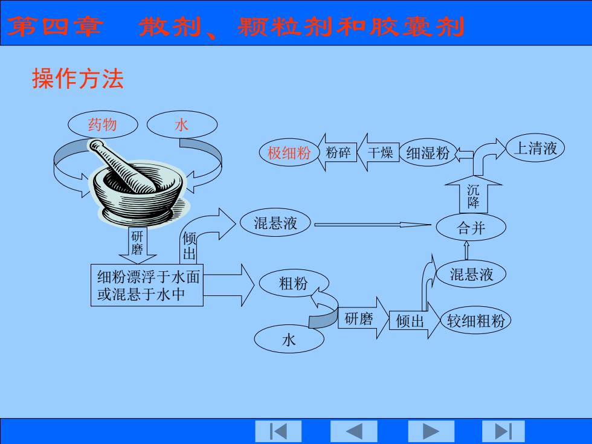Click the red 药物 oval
tap(103, 124)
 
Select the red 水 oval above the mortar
tap(182, 124)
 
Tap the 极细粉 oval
tap(289, 153)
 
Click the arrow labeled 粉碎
tap(337, 152)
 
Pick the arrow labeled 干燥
tap(378, 152)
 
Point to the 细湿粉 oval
tap(428, 153)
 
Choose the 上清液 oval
tap(535, 147)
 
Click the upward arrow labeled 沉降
tap(474, 196)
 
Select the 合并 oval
tap(471, 227)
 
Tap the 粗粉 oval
tap(294, 283)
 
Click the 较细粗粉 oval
tap(476, 320)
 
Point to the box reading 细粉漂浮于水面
tap(147, 285)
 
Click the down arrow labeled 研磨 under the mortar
tap(138, 245)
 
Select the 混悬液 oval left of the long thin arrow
tap(275, 222)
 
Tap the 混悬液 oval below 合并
tap(471, 274)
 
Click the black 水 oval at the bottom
tap(289, 339)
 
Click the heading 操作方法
tap(78, 79)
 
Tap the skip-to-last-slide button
tap(503, 431)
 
